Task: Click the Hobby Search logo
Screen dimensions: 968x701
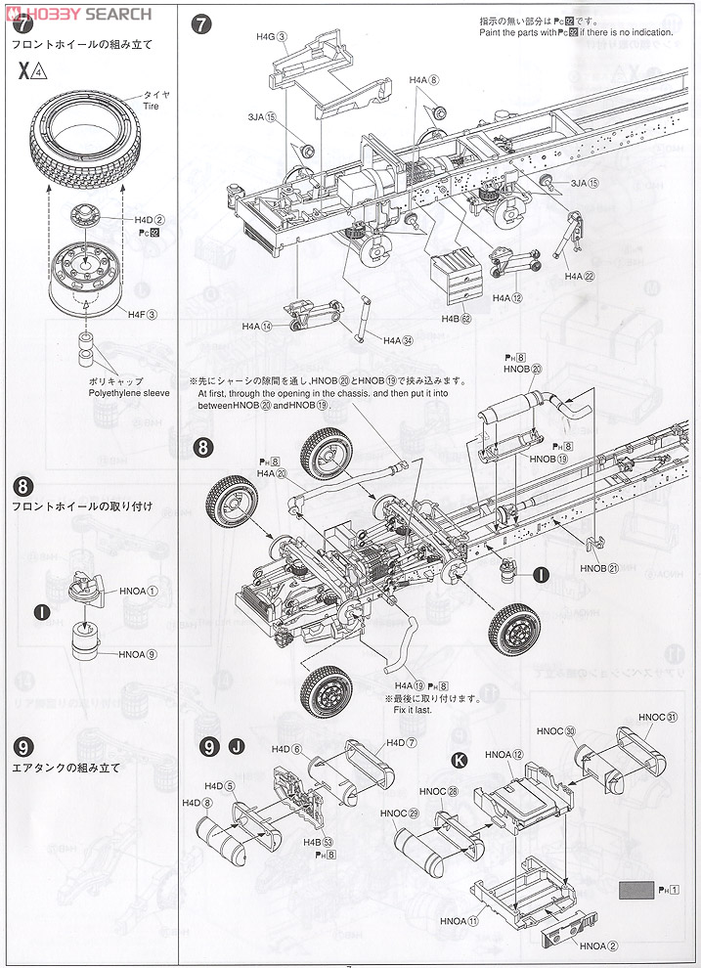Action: coord(78,14)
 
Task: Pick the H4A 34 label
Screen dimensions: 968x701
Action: coord(399,340)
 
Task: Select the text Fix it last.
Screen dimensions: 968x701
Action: coord(411,710)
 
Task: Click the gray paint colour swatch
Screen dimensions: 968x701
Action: coord(636,890)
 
